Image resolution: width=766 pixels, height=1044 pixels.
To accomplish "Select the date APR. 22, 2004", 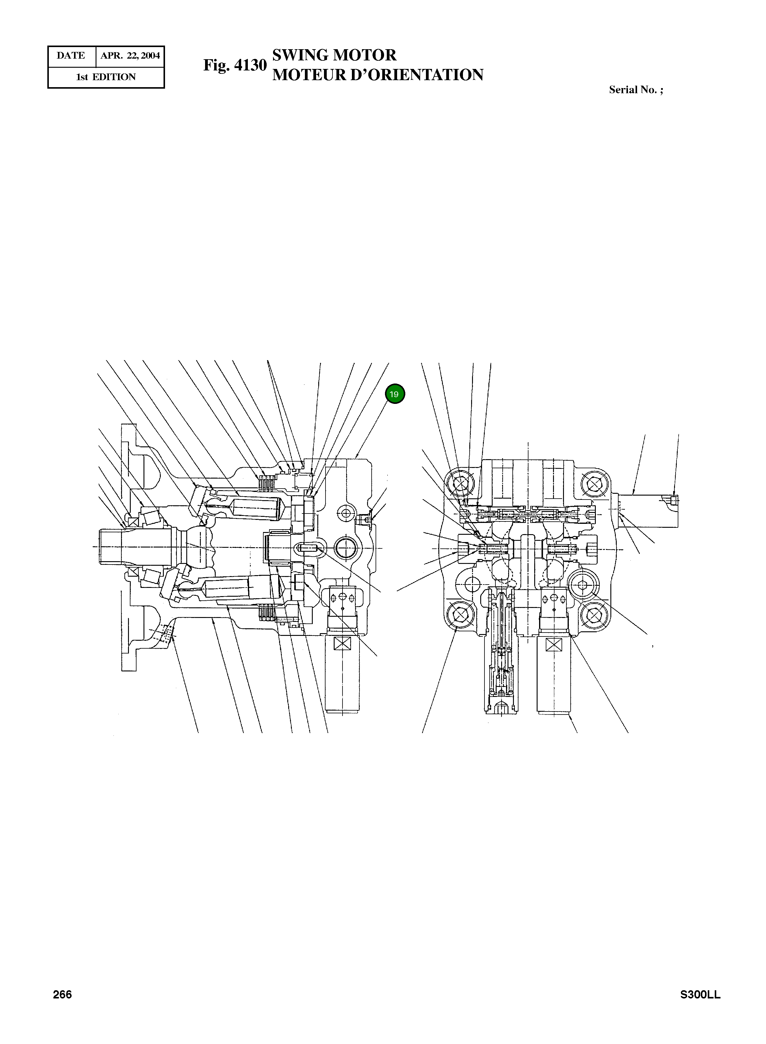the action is [x=130, y=56].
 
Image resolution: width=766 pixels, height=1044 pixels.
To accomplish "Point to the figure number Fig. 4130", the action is [x=235, y=65].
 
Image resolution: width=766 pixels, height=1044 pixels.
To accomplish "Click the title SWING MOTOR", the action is [x=334, y=55].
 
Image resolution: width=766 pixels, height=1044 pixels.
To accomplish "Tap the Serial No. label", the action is [x=636, y=90].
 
